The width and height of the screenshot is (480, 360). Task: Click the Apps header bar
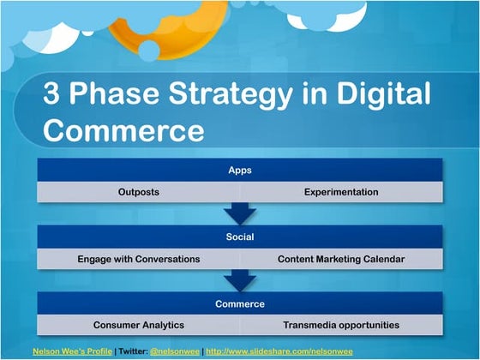point(239,170)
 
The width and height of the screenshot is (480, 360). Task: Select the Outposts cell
point(138,192)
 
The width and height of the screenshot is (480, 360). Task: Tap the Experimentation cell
point(341,192)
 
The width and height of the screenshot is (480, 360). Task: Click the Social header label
point(239,236)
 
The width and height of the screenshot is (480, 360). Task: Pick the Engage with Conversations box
point(138,258)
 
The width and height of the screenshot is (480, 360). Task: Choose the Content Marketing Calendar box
point(341,258)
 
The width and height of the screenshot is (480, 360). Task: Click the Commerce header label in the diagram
point(239,303)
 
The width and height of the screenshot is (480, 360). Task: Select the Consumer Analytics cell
point(138,325)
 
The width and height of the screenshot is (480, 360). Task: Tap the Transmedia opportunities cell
point(341,325)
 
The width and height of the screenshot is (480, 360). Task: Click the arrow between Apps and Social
point(239,213)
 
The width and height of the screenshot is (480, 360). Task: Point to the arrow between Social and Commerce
point(239,280)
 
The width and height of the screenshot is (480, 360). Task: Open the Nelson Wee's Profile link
point(72,351)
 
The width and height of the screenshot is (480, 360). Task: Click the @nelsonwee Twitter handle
point(176,351)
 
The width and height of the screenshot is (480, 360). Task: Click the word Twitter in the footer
point(133,351)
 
